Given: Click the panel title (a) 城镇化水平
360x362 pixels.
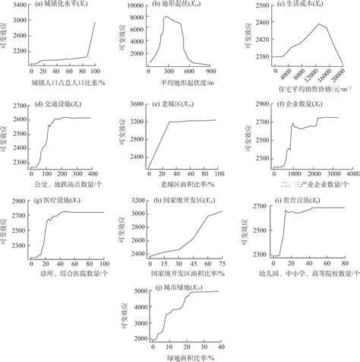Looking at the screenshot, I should [62, 5].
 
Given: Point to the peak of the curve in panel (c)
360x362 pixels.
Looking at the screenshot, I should [320, 24].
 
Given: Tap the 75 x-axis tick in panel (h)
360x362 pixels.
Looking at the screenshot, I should [223, 262].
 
